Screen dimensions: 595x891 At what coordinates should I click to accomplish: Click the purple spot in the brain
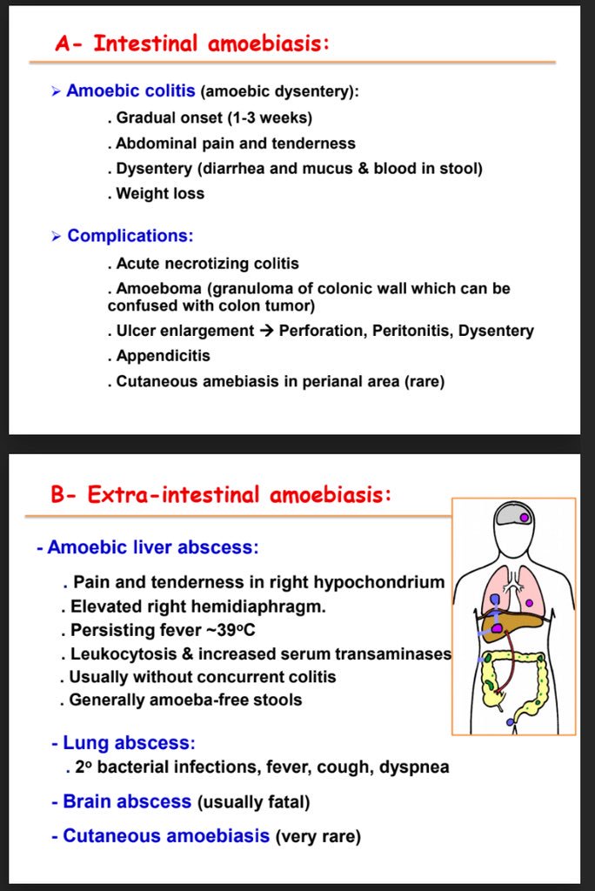point(524,518)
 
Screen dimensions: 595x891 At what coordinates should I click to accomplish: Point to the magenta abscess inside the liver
point(497,628)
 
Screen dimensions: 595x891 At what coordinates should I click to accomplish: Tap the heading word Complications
point(130,236)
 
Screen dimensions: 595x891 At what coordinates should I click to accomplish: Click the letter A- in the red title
point(69,44)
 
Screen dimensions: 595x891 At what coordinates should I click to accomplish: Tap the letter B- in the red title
point(65,495)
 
